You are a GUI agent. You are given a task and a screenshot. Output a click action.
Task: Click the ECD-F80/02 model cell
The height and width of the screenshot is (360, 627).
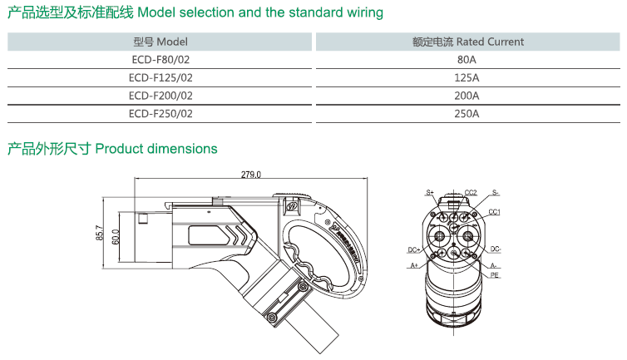point(160,60)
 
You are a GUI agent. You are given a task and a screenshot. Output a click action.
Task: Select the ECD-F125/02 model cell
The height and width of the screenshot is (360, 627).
point(160,77)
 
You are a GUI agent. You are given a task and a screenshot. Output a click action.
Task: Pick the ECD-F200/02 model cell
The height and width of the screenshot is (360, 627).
point(160,96)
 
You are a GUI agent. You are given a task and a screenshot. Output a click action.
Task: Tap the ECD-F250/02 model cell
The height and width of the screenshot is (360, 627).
point(160,113)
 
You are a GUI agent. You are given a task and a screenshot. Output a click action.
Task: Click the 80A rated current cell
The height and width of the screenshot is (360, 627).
point(467,60)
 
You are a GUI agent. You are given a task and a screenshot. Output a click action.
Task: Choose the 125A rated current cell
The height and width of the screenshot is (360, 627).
point(467,77)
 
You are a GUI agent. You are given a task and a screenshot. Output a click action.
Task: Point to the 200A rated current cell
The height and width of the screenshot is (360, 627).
point(467,96)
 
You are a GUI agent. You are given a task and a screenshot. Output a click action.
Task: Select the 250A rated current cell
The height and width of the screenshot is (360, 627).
point(467,113)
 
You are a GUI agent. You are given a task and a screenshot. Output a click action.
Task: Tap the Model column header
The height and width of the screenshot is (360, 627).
point(160,42)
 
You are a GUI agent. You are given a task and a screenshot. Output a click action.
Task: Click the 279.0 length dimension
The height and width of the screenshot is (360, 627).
point(250,175)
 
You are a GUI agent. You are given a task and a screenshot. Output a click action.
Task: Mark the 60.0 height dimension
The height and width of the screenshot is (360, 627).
point(116,237)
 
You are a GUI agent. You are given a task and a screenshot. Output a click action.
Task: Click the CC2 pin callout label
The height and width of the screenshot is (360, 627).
point(470,192)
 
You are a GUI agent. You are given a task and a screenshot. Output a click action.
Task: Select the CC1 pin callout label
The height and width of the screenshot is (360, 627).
point(494,212)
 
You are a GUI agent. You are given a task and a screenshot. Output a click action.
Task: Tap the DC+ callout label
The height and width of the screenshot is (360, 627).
point(413,249)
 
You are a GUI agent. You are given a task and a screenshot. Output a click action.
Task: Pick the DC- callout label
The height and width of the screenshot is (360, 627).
point(495,249)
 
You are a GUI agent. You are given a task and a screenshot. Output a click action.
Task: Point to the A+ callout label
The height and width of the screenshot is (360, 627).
point(414,266)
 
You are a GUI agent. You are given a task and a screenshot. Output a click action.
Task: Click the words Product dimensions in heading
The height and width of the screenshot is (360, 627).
point(156,149)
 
